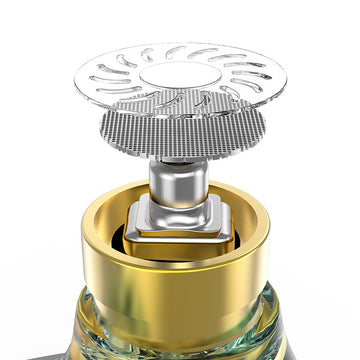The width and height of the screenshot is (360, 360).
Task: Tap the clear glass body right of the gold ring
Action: click(285, 320)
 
